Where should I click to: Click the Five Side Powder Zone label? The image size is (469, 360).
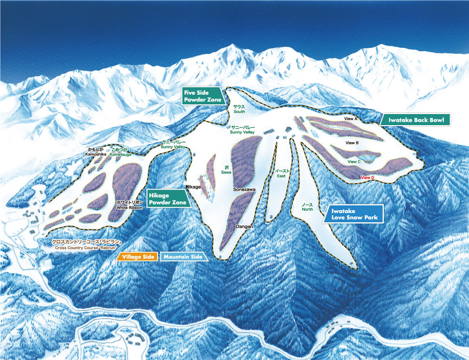click(x=203, y=96)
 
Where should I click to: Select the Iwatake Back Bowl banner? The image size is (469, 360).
click(x=415, y=119)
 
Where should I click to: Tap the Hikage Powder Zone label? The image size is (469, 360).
click(x=167, y=198)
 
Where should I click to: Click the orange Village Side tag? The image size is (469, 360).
click(x=138, y=257)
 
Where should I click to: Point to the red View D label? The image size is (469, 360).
click(x=368, y=178)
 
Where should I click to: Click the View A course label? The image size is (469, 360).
click(x=350, y=118)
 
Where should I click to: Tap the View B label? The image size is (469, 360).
click(x=352, y=143)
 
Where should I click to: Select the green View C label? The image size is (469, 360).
click(x=354, y=161)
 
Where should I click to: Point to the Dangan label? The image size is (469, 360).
click(x=244, y=226)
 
